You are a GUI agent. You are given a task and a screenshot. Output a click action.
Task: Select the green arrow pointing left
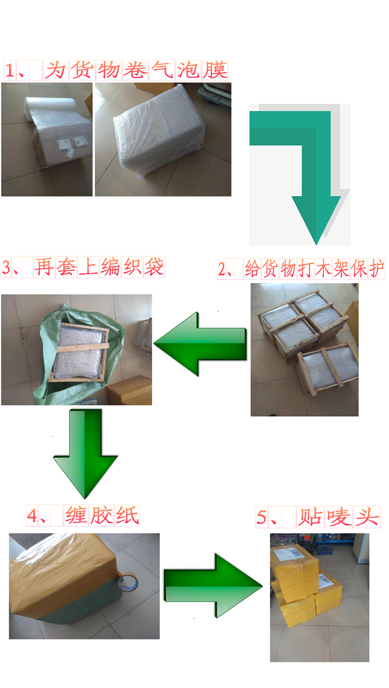coord(200,344)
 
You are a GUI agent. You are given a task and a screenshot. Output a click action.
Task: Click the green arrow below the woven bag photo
coord(85,454)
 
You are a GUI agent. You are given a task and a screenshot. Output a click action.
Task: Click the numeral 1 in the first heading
coord(10,70)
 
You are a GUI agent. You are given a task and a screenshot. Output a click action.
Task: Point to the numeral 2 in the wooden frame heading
coord(222,269)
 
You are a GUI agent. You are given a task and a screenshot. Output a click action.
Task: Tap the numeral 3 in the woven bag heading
coord(6,267)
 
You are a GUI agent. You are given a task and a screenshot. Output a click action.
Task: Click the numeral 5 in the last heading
coord(262,517)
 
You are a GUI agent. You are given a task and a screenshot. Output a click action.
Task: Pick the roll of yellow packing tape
coord(127,583)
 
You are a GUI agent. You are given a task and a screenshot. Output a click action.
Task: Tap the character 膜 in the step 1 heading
coord(214,70)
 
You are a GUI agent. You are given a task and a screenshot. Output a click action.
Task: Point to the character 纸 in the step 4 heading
coord(127,515)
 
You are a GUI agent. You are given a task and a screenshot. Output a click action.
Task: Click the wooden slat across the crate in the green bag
coord(83,348)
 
